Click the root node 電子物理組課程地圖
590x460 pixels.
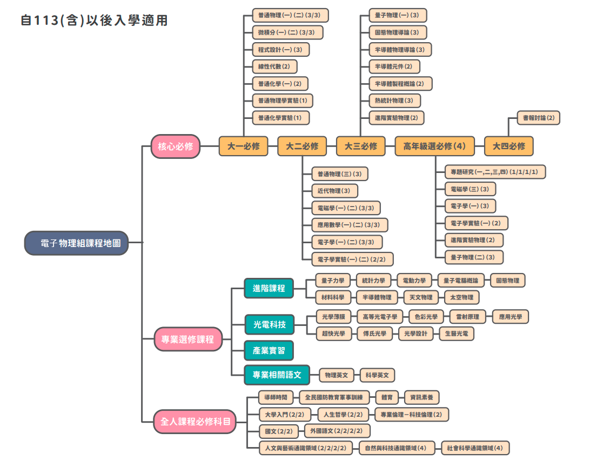(76, 243)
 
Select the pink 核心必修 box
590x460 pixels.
(176, 146)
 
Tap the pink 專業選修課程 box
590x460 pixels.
(188, 339)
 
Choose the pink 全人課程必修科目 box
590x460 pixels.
(195, 421)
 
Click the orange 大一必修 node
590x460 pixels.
(243, 146)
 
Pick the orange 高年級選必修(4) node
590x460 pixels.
(434, 146)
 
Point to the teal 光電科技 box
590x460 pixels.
(269, 325)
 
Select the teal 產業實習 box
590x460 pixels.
(269, 350)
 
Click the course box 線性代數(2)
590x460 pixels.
(274, 66)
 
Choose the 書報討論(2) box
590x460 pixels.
(538, 117)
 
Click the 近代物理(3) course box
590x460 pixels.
(334, 191)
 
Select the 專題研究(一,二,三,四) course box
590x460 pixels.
(494, 172)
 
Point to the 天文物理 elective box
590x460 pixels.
(419, 297)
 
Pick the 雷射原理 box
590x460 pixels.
(468, 317)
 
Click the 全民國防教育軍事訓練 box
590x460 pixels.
(334, 398)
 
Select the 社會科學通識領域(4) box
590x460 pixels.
(475, 448)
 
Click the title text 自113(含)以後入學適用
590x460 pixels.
(94, 21)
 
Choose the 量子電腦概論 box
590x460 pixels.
(460, 281)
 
